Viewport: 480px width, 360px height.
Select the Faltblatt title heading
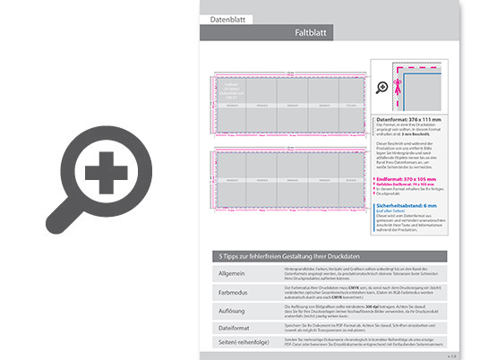(310, 32)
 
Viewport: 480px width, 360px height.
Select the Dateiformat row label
(235, 327)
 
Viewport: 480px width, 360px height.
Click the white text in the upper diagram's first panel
(229, 90)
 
